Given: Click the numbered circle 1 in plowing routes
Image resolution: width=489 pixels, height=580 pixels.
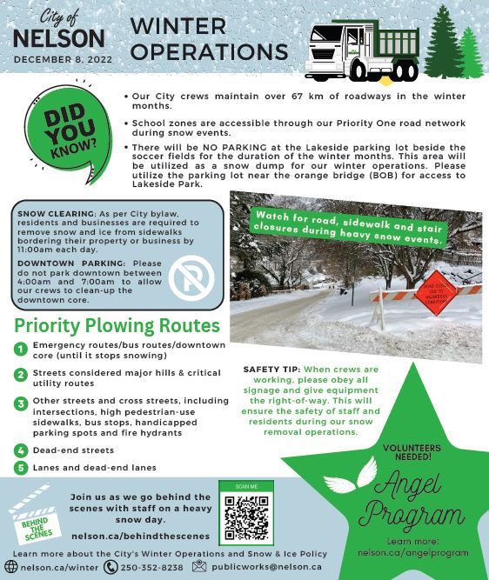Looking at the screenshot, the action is click(20, 350).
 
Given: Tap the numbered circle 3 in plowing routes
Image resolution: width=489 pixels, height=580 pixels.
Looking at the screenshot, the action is click(20, 404).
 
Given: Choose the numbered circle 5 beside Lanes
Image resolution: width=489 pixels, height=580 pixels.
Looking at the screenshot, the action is click(20, 468).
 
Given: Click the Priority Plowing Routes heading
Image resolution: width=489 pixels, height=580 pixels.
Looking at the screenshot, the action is click(117, 326).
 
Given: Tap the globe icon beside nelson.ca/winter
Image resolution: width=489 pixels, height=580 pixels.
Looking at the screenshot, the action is click(10, 567).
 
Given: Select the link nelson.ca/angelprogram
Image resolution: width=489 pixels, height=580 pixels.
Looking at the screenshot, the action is click(401, 552).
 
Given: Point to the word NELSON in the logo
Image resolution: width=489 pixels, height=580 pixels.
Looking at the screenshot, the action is click(59, 38).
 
